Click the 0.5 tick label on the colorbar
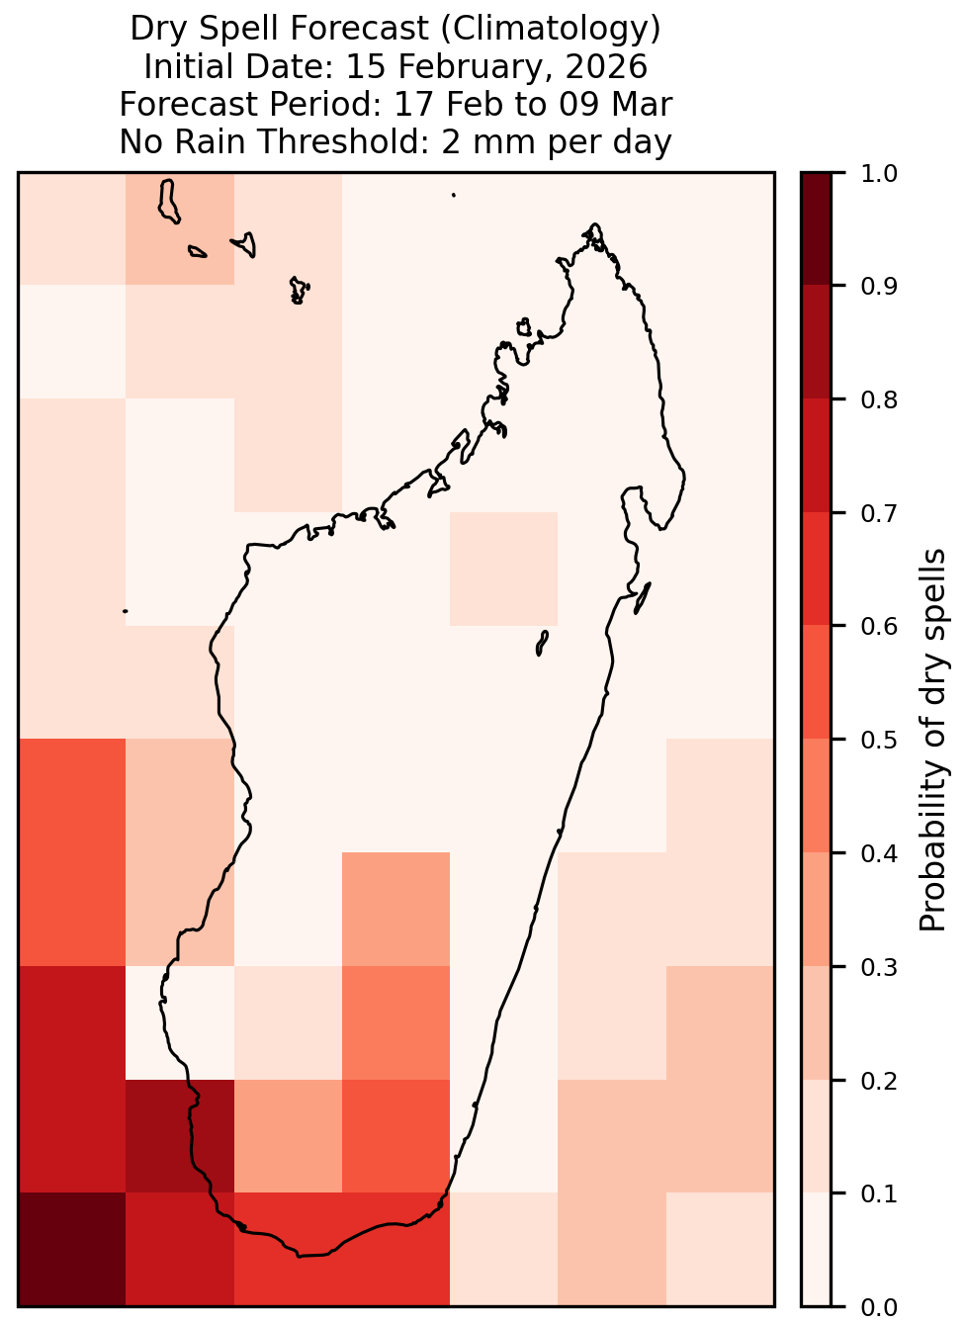(878, 740)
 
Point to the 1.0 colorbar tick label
(878, 174)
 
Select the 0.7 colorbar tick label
(878, 513)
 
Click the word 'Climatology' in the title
(550, 29)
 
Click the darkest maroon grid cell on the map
(72, 1249)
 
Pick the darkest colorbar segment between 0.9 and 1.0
(816, 228)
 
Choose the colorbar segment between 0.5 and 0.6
(816, 682)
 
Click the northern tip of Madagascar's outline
(594, 224)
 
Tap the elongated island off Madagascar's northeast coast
(643, 598)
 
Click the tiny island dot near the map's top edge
(454, 195)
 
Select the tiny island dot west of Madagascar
(125, 611)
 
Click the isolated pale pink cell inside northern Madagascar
(503, 569)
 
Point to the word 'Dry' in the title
(161, 29)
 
